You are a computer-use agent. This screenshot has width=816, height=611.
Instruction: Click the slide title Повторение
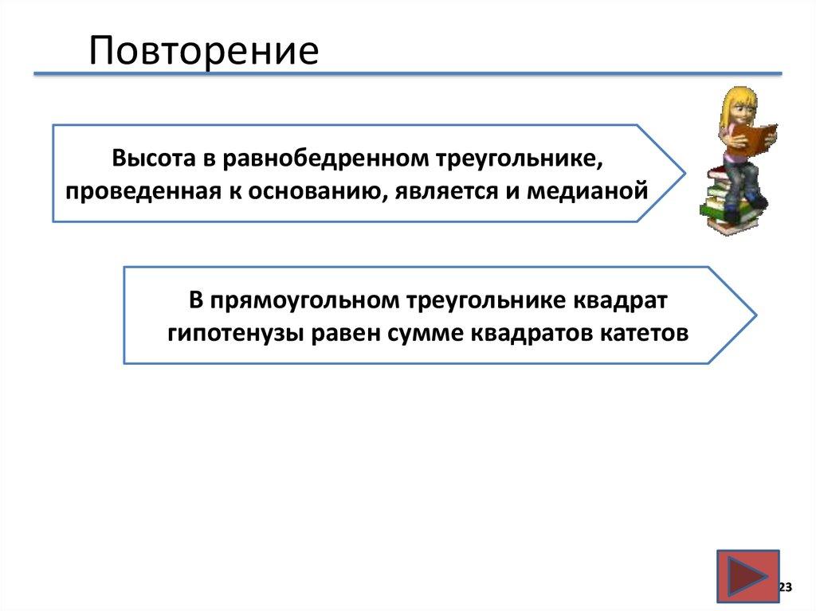click(203, 49)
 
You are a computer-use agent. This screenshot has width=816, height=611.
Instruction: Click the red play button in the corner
click(747, 576)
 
